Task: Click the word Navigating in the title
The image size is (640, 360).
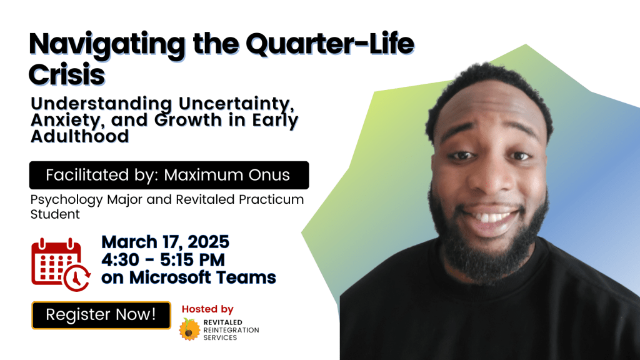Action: tap(107, 45)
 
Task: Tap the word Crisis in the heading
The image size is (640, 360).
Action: tap(66, 75)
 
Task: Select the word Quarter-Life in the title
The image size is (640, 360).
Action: tap(330, 44)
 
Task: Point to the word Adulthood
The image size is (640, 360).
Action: tap(80, 136)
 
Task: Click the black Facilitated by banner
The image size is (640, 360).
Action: tap(169, 175)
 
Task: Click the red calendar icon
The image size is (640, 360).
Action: tap(61, 264)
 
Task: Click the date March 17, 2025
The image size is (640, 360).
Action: tap(165, 242)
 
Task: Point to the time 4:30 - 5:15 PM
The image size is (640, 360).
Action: tap(163, 260)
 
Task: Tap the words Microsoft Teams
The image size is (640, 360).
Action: tap(202, 277)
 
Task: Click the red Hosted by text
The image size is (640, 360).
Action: tap(207, 309)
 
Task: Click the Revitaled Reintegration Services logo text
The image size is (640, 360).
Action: tap(231, 330)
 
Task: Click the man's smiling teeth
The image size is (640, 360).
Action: tap(491, 217)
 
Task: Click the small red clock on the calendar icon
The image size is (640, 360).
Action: tap(77, 278)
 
